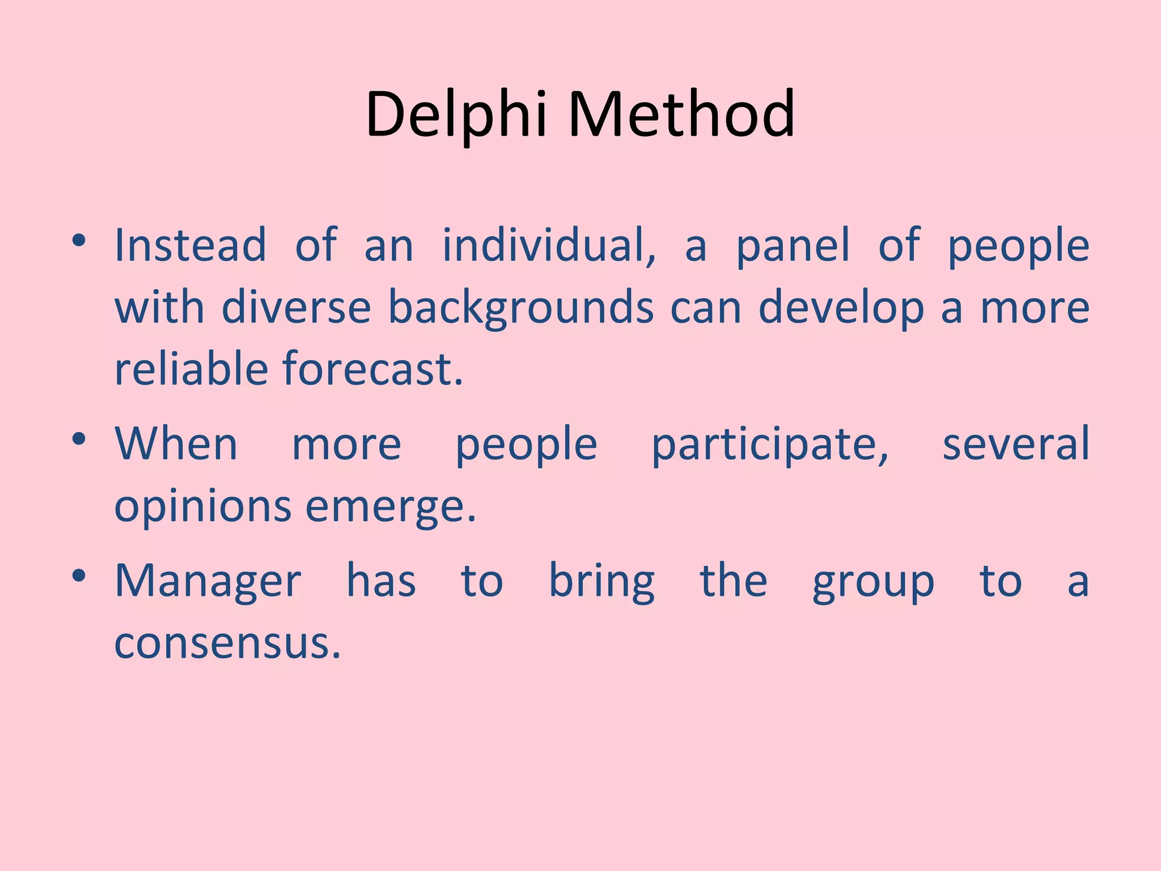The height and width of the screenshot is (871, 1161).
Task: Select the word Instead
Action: tap(190, 245)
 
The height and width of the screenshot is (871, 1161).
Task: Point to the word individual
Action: tap(549, 245)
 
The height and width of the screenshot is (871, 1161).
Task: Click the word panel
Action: tap(793, 245)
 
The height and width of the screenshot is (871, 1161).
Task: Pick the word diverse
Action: tap(296, 307)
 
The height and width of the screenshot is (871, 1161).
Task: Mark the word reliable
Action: tap(191, 369)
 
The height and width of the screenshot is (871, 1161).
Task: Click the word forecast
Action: tap(372, 369)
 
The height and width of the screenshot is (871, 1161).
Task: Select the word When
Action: tap(176, 443)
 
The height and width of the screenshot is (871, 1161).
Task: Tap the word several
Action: tap(1015, 443)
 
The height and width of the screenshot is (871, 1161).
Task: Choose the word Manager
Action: tap(208, 581)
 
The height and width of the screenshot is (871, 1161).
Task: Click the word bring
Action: tap(602, 581)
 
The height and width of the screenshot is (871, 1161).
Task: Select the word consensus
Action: tap(227, 644)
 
